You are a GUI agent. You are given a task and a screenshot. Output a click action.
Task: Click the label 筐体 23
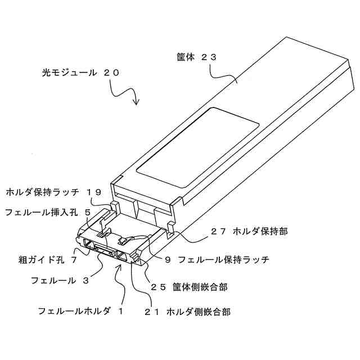[x=196, y=57]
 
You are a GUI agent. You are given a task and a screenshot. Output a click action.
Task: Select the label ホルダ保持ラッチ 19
[x=53, y=192]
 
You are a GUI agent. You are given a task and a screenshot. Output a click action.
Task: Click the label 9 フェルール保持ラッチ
[x=216, y=260]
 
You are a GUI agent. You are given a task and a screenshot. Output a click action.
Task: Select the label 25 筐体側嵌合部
[x=188, y=286]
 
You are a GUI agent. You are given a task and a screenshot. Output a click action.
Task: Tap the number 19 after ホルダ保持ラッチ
[x=94, y=192]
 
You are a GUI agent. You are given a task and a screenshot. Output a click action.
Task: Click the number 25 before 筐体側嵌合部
[x=159, y=286]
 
